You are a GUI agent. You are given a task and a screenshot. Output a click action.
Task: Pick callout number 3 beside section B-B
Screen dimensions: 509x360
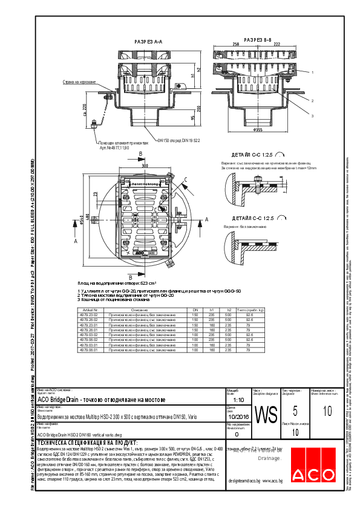[x=313, y=115]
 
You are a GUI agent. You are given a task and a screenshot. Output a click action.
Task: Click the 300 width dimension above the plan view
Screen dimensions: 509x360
[x=145, y=164]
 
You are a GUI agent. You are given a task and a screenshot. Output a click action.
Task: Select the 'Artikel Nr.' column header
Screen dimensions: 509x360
[x=88, y=309]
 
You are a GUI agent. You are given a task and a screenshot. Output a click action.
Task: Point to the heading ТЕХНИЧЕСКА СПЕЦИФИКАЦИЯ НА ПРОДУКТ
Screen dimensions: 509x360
[x=88, y=443]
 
